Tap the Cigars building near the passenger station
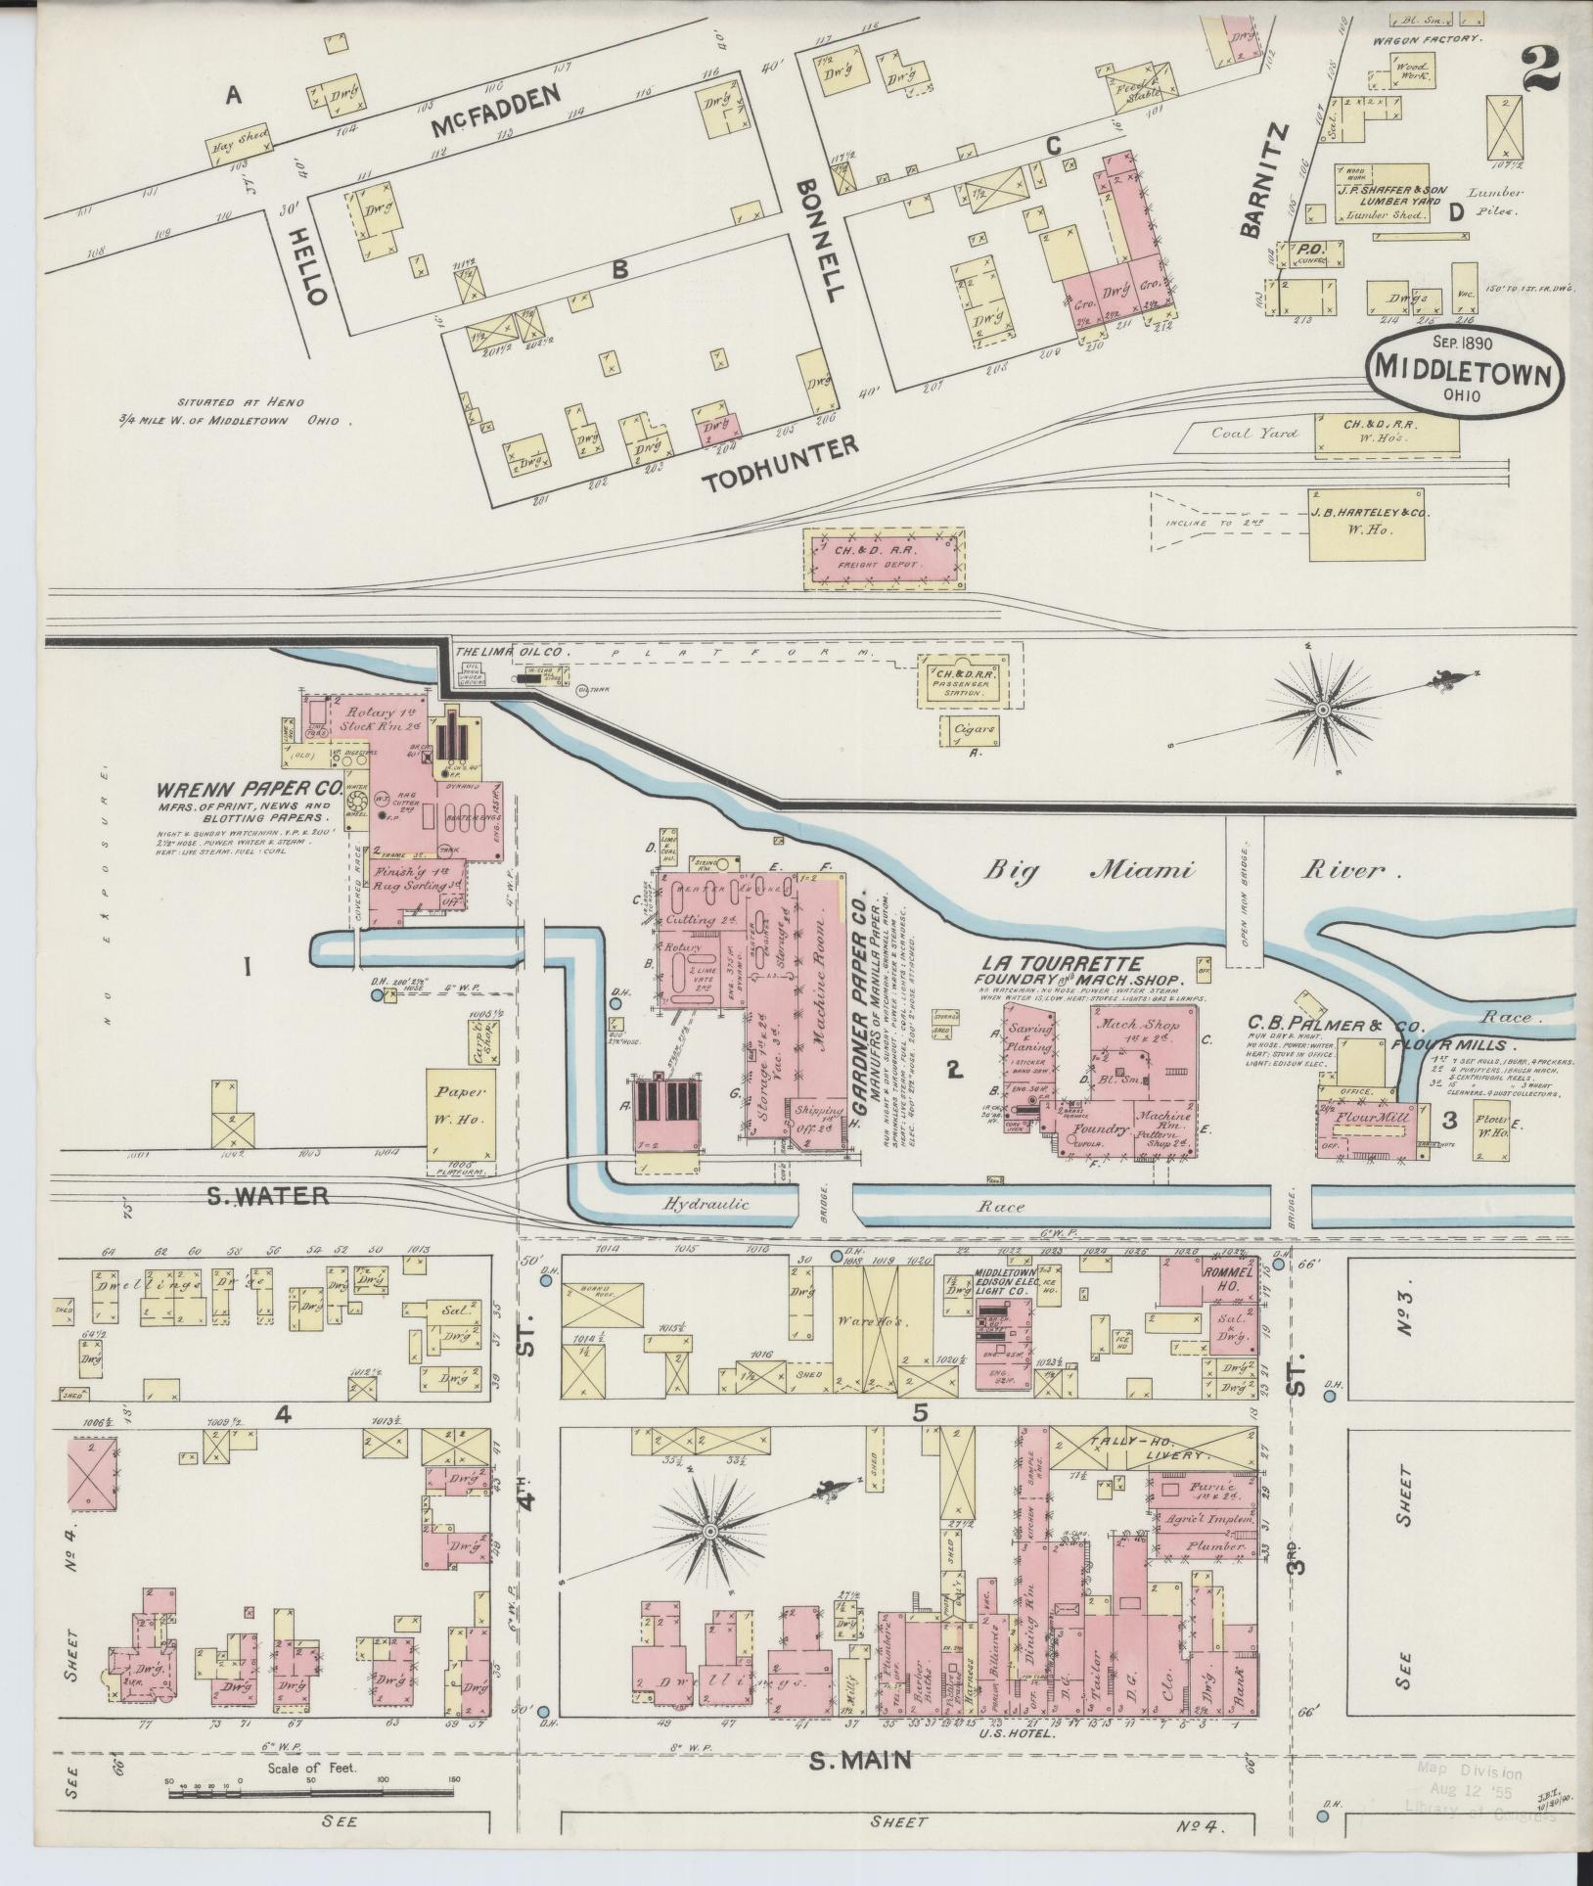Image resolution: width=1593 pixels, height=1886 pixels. (970, 729)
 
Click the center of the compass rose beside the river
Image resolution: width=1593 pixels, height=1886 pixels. (1323, 709)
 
